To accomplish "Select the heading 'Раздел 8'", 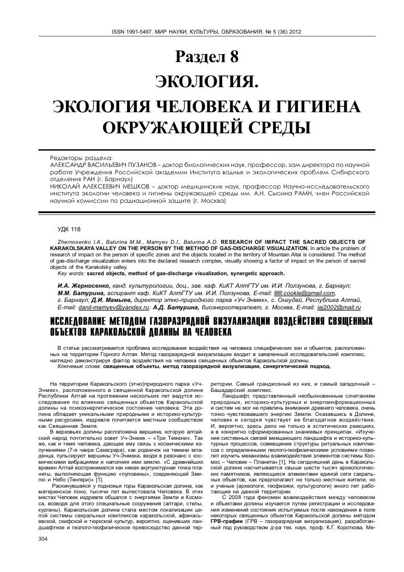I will click(202, 57).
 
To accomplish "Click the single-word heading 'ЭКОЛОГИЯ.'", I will click(202, 81).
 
